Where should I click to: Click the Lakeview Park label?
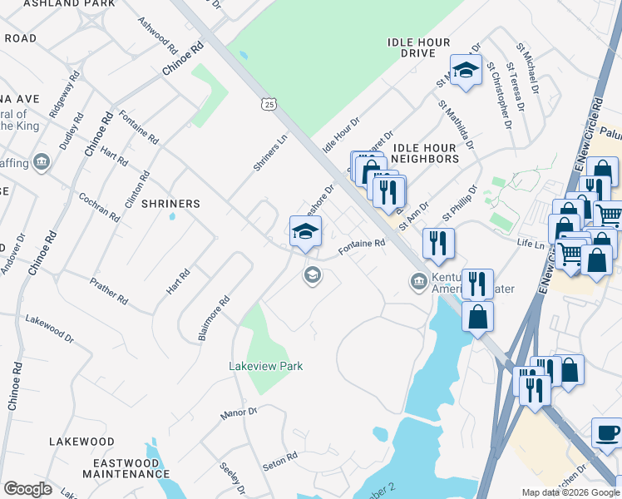coord(266,366)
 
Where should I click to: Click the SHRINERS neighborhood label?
coord(170,204)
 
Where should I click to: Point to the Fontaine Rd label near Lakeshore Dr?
coord(363,247)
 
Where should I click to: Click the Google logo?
coord(27,489)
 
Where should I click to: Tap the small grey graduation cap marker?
coord(313,275)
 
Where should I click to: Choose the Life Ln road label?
coord(529,244)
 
